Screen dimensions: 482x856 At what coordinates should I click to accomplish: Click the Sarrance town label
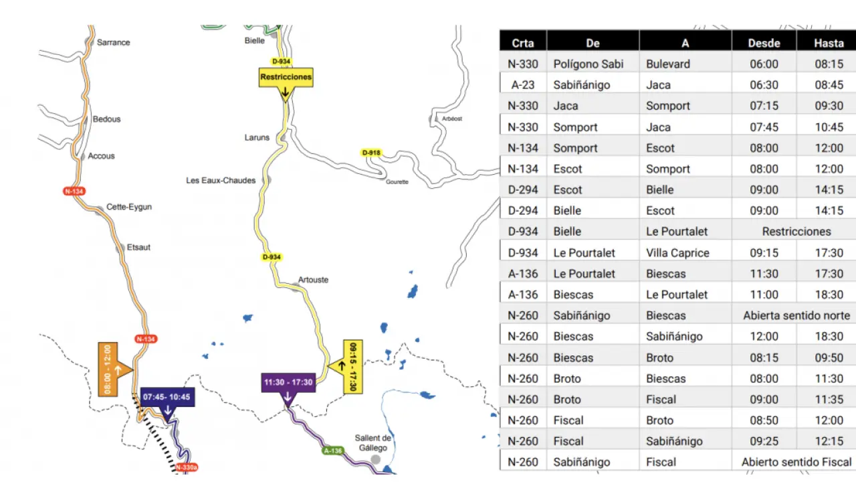click(113, 42)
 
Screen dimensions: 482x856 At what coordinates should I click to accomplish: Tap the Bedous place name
click(106, 119)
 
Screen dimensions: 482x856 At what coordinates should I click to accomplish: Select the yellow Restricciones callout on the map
click(286, 77)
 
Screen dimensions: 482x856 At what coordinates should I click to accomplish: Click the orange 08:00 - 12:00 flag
click(108, 369)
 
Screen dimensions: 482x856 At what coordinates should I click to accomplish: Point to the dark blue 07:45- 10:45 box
click(167, 397)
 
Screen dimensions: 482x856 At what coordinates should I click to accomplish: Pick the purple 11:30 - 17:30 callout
click(288, 383)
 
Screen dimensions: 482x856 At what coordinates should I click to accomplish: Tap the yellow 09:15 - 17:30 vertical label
click(352, 366)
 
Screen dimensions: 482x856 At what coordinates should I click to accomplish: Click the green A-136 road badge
click(332, 451)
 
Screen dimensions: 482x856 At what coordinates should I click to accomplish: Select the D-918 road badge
click(371, 153)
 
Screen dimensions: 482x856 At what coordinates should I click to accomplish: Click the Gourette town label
click(397, 181)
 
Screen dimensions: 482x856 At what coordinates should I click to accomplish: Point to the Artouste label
click(313, 280)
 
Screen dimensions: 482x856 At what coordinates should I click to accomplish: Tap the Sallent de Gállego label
click(372, 443)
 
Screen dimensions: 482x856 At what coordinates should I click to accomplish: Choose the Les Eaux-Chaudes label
click(221, 180)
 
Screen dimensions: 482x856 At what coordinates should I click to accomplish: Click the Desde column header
click(764, 43)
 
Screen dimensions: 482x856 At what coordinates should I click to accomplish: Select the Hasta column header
click(829, 43)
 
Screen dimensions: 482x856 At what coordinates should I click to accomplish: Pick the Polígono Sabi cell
click(588, 64)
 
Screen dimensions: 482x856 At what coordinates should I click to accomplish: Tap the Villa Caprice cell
click(677, 253)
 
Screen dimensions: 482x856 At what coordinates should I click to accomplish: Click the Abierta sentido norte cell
click(796, 315)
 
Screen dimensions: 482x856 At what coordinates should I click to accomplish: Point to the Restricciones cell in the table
click(796, 232)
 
